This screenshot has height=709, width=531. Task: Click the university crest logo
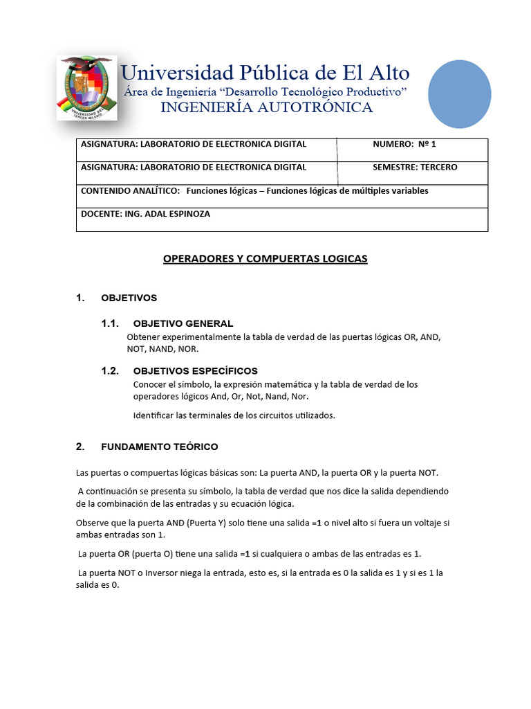86,87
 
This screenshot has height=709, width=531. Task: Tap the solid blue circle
459,93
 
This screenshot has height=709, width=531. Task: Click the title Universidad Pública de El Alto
265,73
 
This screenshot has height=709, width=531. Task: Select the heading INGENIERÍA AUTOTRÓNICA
266,107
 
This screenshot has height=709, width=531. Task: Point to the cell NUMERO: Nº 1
404,145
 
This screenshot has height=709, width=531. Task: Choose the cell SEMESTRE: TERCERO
415,168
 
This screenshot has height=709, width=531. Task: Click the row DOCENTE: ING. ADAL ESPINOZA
145,215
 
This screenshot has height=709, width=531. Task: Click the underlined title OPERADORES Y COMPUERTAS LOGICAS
265,259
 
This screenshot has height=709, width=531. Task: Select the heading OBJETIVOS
129,298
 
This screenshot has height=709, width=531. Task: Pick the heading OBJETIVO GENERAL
183,323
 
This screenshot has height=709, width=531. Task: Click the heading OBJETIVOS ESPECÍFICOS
195,371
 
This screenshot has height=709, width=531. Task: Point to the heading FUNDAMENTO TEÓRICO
159,447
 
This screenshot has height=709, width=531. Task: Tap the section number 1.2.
111,371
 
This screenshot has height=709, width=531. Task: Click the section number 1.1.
111,323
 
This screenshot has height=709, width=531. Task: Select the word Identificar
153,415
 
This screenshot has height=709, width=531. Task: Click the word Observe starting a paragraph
92,523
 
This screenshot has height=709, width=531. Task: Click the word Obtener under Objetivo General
143,336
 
